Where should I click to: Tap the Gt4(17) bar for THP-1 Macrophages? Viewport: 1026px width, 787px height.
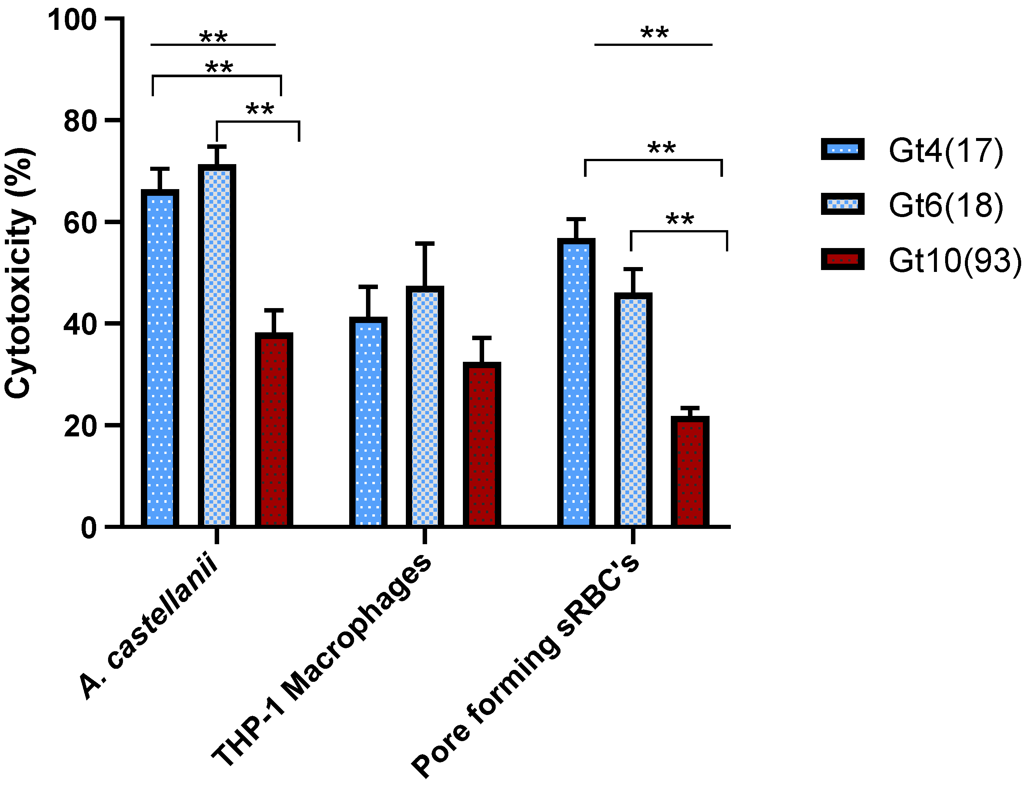click(x=368, y=421)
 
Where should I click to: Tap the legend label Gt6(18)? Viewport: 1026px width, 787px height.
click(x=946, y=205)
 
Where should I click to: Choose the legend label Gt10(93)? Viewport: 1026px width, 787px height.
click(x=955, y=260)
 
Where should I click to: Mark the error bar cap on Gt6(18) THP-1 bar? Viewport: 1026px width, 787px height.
click(x=424, y=244)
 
